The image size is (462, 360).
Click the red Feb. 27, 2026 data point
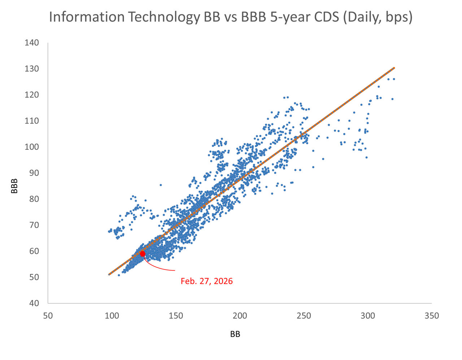click(x=142, y=254)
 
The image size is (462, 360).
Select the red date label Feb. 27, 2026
click(x=206, y=281)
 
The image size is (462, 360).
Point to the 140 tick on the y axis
click(x=32, y=43)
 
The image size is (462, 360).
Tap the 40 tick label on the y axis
click(x=34, y=303)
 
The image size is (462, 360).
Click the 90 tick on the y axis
click(x=34, y=173)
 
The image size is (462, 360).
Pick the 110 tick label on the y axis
click(x=32, y=121)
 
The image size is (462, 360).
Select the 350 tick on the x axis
click(x=432, y=316)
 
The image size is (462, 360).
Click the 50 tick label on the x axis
click(x=48, y=316)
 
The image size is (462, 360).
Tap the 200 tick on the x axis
click(x=240, y=316)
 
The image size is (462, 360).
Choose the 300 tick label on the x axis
click(x=368, y=316)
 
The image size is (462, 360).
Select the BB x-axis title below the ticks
click(x=235, y=334)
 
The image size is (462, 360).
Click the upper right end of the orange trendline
click(x=394, y=68)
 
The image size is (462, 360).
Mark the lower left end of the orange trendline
click(x=109, y=275)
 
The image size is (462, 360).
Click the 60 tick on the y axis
click(x=34, y=251)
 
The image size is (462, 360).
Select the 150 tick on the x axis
click(x=176, y=316)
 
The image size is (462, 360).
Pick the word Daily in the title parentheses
click(x=363, y=17)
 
